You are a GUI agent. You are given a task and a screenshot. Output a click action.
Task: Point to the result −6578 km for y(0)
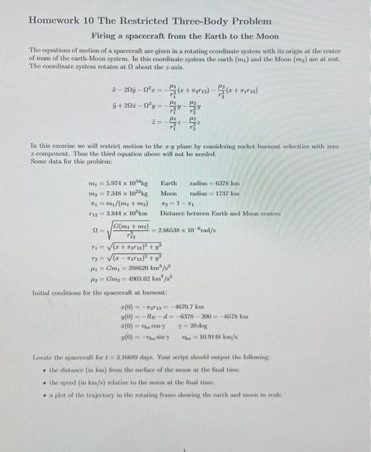tap(235, 316)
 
